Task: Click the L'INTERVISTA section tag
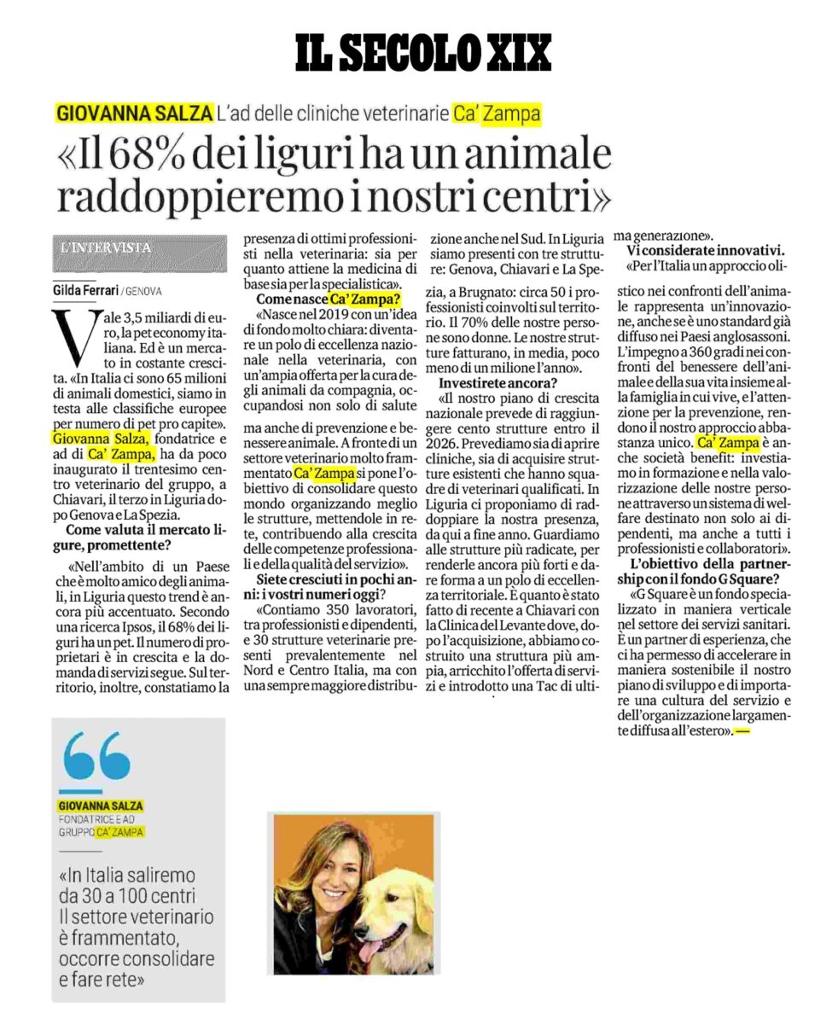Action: (x=107, y=248)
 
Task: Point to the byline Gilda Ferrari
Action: (x=86, y=290)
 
